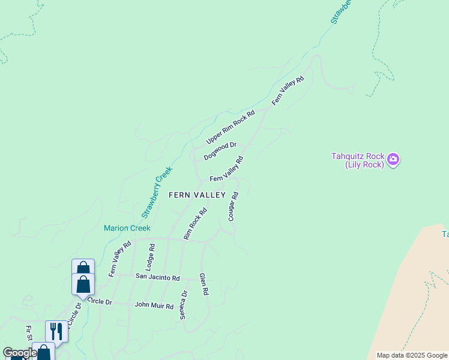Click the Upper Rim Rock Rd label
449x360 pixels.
(x=231, y=127)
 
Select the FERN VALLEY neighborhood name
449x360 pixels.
(x=197, y=195)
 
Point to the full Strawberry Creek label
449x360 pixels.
(x=157, y=192)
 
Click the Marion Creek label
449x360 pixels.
(x=127, y=228)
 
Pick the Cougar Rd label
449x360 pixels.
(x=234, y=206)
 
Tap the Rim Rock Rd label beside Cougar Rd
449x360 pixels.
(x=195, y=224)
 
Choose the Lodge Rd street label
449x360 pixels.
(x=151, y=255)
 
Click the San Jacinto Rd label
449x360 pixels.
(x=157, y=277)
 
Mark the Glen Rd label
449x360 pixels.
(x=204, y=284)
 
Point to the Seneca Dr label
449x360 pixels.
(x=184, y=305)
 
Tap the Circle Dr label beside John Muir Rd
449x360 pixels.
(x=100, y=301)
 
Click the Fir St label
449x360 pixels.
(x=28, y=334)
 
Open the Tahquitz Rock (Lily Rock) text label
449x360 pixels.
(x=357, y=160)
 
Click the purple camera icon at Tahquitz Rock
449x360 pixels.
(x=394, y=159)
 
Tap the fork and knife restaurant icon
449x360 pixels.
(x=56, y=331)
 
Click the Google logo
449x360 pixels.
(x=19, y=353)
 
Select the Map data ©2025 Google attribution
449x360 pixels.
(x=411, y=355)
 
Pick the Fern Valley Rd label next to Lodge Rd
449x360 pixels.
(x=120, y=259)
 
